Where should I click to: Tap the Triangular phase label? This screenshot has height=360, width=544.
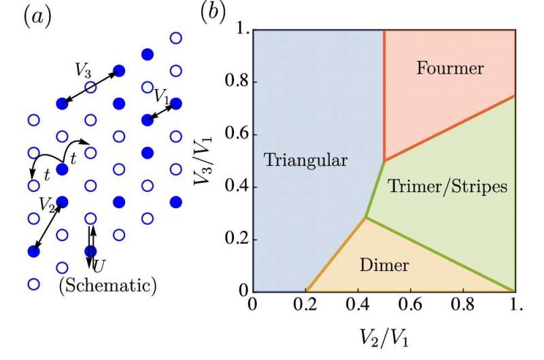[x=306, y=161]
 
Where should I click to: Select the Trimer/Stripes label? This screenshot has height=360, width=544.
[x=447, y=186]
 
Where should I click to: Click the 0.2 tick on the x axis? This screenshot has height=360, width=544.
[x=305, y=306]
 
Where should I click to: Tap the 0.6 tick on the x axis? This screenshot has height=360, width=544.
[x=410, y=306]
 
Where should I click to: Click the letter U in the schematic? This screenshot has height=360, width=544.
[x=100, y=263]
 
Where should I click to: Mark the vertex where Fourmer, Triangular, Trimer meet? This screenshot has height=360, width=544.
[x=384, y=161]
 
